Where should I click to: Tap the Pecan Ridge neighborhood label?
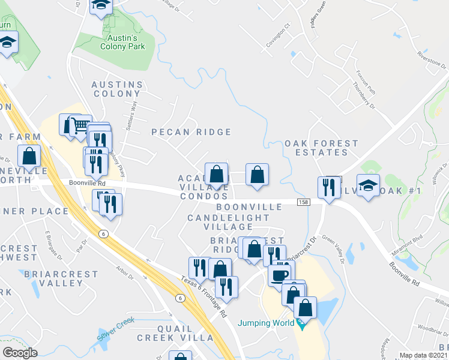191,132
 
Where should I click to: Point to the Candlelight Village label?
220,222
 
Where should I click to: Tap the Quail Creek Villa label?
175,333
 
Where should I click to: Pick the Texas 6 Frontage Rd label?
204,297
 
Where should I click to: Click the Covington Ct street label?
278,35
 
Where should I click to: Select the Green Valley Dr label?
335,249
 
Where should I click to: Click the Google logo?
20,353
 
